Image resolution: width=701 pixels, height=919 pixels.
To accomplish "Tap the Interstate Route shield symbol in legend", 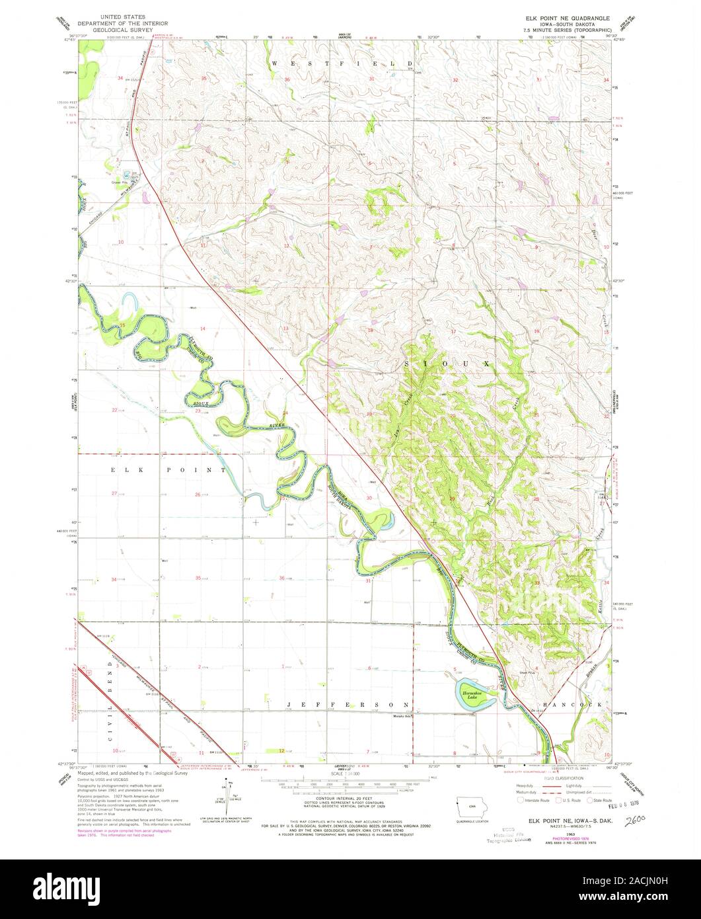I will [522, 799].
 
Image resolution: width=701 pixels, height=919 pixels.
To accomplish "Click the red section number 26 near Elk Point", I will [198, 495].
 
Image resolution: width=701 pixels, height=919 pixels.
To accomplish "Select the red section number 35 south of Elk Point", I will [198, 579].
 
